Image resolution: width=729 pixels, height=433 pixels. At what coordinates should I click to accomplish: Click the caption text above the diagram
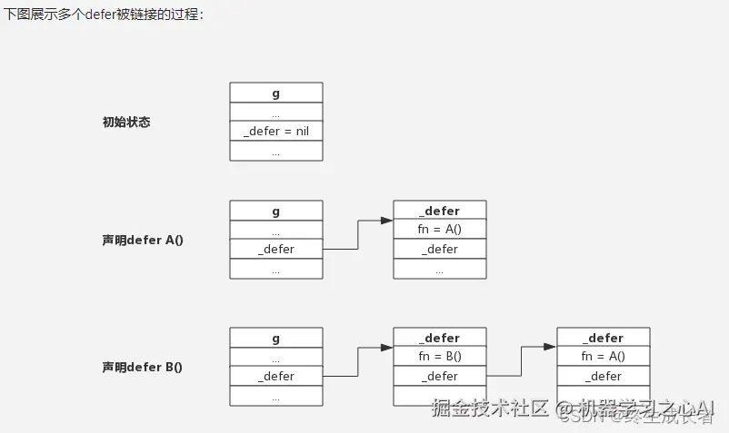104,15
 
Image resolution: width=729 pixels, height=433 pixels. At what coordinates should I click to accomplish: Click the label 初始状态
126,122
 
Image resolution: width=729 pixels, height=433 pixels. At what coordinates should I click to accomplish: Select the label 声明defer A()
143,241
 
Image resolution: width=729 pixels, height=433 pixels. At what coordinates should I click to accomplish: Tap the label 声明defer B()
143,368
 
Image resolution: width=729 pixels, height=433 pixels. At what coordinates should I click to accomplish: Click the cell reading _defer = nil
275,132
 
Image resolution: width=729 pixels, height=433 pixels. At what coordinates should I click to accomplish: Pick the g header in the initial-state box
275,93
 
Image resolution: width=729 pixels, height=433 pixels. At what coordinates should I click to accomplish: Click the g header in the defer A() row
275,211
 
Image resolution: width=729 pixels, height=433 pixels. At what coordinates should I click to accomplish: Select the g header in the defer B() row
275,338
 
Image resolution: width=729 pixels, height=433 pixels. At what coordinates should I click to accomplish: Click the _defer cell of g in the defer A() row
275,249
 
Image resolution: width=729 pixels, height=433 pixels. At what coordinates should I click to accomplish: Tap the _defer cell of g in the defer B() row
275,376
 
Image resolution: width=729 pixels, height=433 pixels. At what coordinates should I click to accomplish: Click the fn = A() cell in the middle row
439,230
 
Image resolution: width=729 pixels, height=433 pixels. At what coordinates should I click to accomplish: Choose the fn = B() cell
439,357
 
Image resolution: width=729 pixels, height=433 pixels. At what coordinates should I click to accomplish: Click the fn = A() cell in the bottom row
603,357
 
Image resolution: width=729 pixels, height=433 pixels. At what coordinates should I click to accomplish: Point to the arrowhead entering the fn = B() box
386,347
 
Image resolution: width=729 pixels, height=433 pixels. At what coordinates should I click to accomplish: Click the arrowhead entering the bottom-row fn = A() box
550,347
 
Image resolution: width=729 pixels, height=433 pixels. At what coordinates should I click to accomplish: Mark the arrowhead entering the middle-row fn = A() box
386,220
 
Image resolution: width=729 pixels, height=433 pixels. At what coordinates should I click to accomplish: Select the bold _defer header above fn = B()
439,338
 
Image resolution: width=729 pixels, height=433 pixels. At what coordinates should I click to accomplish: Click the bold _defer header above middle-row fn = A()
439,211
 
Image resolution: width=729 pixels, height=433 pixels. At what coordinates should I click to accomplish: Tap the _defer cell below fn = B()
439,376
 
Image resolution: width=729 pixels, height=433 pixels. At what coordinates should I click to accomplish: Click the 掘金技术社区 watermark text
490,408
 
